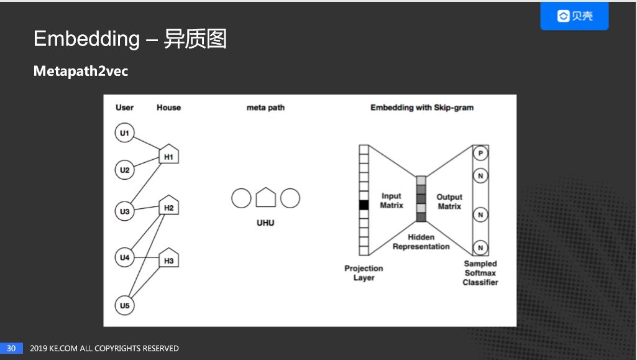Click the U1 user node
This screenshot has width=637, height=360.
click(x=125, y=133)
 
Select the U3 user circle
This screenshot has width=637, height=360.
click(x=125, y=211)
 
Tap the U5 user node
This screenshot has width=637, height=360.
click(x=125, y=305)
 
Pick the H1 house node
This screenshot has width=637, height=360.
click(x=169, y=155)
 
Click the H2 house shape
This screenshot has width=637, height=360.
click(x=169, y=206)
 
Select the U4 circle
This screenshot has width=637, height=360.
click(x=125, y=257)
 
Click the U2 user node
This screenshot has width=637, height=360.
click(x=125, y=170)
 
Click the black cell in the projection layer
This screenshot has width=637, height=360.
click(x=364, y=205)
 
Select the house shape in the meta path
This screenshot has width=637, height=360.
click(x=265, y=198)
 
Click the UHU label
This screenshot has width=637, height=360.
click(x=265, y=223)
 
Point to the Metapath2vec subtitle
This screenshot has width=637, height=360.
click(x=81, y=72)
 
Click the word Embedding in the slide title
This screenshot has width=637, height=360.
click(x=86, y=39)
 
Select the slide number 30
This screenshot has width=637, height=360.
click(x=11, y=348)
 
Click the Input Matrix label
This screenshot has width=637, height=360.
click(x=392, y=201)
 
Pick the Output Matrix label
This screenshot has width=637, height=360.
click(x=449, y=201)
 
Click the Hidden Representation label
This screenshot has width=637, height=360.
click(x=421, y=242)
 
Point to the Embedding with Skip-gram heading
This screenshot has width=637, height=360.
click(x=422, y=108)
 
